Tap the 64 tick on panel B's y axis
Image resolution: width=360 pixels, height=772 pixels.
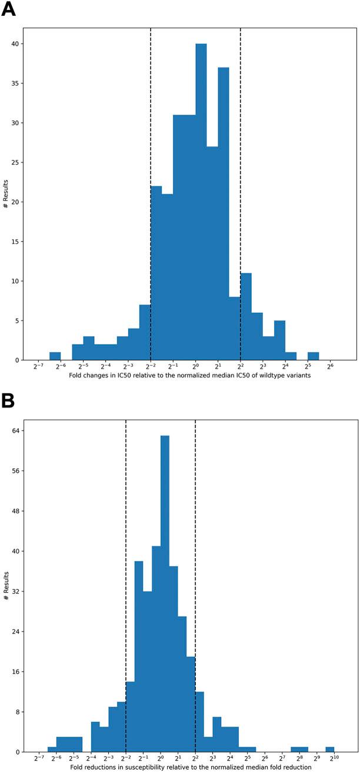pyautogui.click(x=18, y=431)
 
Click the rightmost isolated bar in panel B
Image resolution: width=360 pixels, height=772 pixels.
pyautogui.click(x=330, y=749)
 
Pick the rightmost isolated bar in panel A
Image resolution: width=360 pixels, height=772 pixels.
pyautogui.click(x=313, y=356)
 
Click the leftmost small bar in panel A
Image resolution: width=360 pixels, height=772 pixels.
pyautogui.click(x=55, y=356)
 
